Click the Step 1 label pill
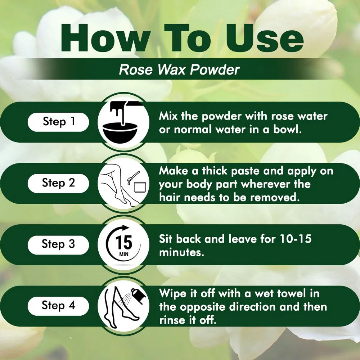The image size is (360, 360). pos(58,122)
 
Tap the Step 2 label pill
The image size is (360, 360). pos(58,183)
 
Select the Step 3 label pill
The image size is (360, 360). pos(58,245)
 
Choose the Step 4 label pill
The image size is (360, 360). pos(58,306)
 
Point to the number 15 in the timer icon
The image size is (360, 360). pos(123,242)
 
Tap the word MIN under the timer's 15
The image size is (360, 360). pos(124,255)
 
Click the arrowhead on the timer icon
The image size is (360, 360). pos(125,228)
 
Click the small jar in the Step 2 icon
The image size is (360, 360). pos(140,187)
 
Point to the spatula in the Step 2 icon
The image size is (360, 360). pos(133,178)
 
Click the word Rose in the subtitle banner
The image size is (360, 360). pos(136,69)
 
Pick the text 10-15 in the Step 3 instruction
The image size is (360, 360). pos(296,239)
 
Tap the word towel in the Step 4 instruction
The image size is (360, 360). pos(291,293)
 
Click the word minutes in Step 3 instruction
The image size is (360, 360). pos(181,252)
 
